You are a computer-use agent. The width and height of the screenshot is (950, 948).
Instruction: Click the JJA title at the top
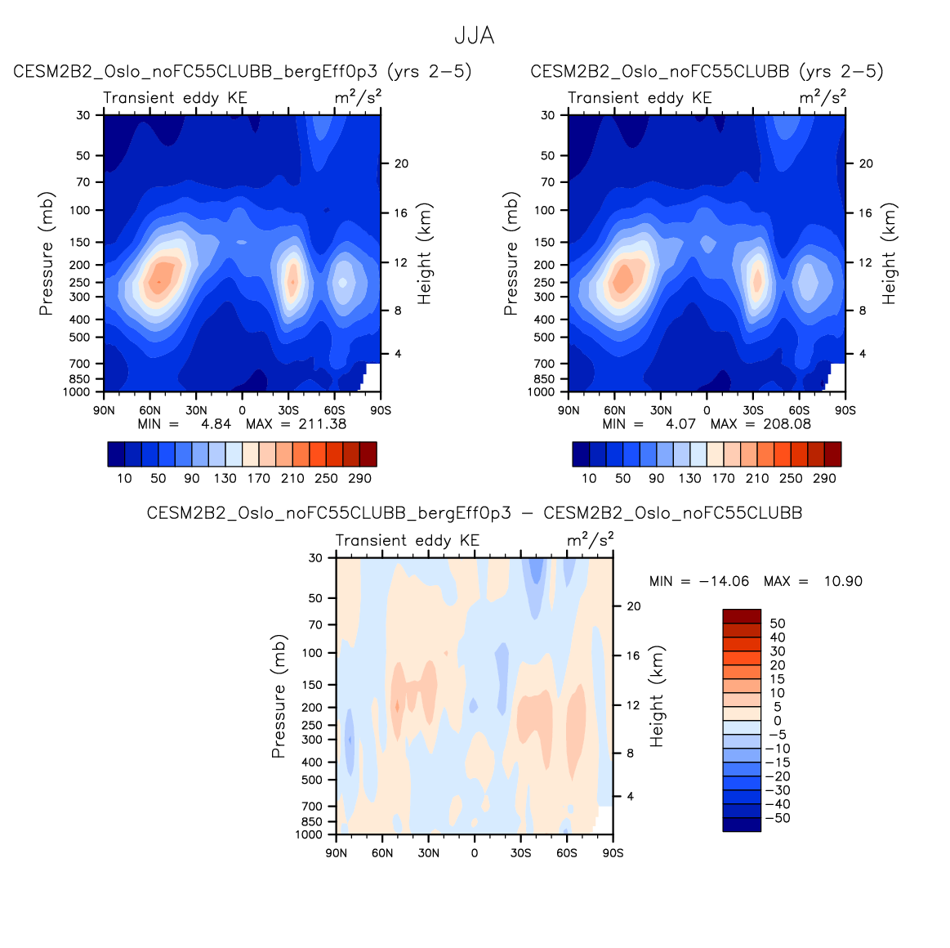coord(474,37)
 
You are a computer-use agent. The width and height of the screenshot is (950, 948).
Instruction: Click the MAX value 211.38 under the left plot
coord(323,424)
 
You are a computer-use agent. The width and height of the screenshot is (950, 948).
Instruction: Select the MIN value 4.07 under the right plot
coord(680,424)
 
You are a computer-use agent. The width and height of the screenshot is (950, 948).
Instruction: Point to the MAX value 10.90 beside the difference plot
coord(843,581)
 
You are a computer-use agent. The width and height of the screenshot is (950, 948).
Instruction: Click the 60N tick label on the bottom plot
coord(382,853)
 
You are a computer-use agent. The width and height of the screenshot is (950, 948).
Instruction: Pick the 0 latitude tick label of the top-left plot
coord(242,410)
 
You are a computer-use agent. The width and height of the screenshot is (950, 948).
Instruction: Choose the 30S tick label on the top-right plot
coord(753,410)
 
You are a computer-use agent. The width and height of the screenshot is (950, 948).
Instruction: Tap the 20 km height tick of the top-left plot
coord(401,163)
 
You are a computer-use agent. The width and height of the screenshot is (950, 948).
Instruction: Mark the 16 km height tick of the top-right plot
coord(866,213)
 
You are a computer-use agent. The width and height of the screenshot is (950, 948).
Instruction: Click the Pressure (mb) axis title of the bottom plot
coord(279,696)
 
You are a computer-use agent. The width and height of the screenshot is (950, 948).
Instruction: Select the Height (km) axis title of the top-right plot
coord(889,253)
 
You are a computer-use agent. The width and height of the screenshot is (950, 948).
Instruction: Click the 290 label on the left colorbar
coord(359,479)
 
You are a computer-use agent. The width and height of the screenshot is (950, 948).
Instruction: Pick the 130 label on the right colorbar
coord(689,479)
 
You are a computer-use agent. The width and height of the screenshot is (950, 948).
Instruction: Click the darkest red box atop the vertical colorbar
coord(742,616)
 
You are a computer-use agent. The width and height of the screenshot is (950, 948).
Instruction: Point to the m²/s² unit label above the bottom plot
coord(590,540)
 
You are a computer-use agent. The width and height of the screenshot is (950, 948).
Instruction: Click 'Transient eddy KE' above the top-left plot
coord(175,98)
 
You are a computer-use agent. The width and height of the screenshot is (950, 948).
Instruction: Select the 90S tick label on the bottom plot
coord(613,853)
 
